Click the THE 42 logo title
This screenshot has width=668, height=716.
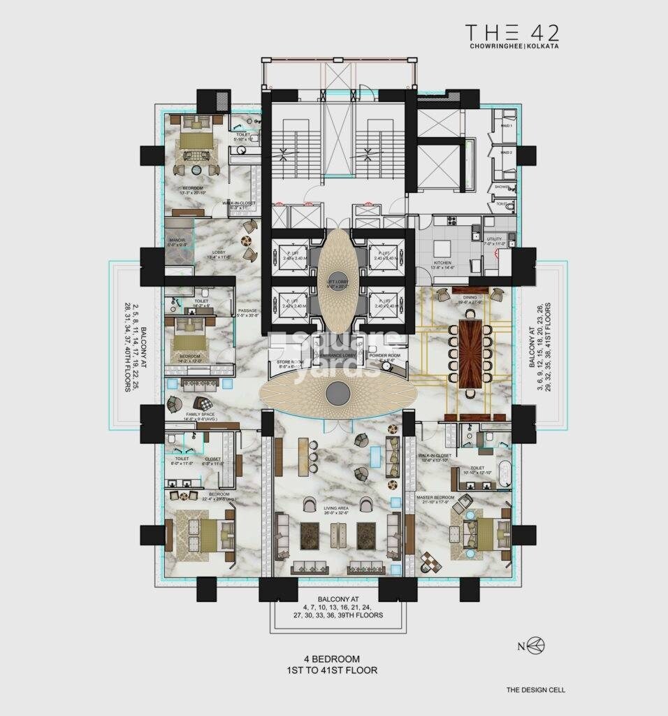tap(512, 33)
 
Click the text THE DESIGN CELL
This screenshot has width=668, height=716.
tap(535, 690)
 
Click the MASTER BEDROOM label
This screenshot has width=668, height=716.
tap(435, 497)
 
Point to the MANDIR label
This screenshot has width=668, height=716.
tap(177, 240)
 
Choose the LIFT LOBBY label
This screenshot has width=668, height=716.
tap(338, 280)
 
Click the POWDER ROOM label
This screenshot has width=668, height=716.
tap(384, 355)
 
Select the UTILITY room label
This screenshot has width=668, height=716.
tap(493, 239)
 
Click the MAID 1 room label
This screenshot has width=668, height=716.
tap(506, 126)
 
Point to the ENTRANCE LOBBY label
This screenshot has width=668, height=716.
tap(338, 355)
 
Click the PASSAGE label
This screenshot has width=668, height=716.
tap(248, 310)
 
